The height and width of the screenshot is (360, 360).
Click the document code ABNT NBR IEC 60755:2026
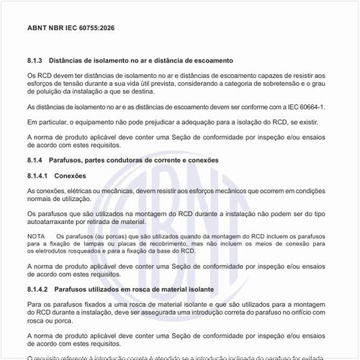(x=71, y=27)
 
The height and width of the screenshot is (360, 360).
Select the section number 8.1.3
(x=37, y=61)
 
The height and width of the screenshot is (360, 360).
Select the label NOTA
(x=35, y=236)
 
